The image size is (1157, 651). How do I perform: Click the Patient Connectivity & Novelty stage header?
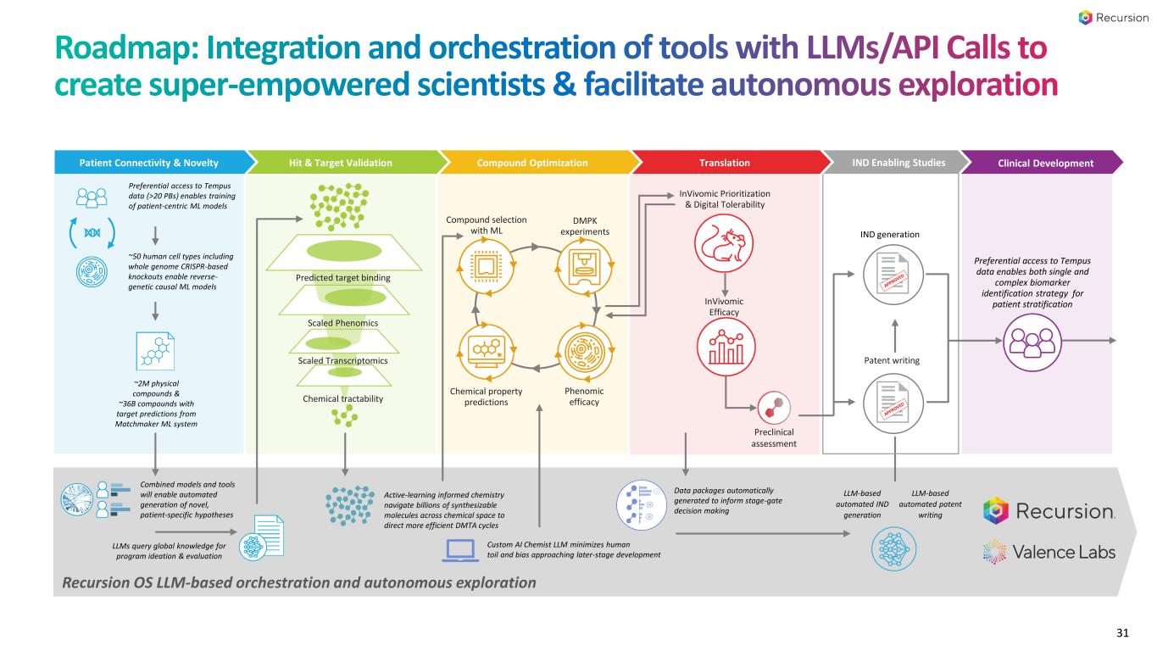[x=149, y=163]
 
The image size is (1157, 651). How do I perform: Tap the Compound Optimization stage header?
[x=531, y=163]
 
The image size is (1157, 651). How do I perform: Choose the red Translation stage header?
[x=724, y=163]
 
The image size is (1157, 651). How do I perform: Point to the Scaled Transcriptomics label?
[x=343, y=361]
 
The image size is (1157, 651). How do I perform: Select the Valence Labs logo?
[x=1049, y=552]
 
